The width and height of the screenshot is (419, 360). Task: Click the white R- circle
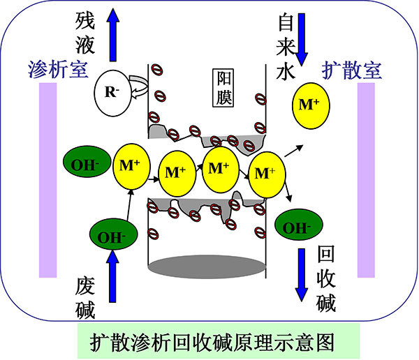(x=113, y=93)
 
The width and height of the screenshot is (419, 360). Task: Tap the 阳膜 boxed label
(x=223, y=88)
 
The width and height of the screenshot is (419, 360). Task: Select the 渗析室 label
(x=58, y=70)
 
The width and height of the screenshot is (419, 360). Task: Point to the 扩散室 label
(x=352, y=70)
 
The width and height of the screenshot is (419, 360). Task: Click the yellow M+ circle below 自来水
(x=311, y=106)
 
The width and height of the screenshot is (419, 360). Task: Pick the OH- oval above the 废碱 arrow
(x=113, y=234)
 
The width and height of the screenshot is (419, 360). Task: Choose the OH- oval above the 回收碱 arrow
(x=299, y=225)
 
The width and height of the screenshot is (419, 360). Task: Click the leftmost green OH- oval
(x=87, y=161)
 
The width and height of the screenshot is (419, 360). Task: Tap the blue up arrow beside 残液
(x=113, y=35)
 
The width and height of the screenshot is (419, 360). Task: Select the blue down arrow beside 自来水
(x=302, y=40)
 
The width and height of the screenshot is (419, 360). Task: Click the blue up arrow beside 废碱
(x=112, y=276)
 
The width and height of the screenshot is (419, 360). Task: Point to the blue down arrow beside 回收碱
(x=302, y=275)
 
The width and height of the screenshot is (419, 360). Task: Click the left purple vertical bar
(x=47, y=180)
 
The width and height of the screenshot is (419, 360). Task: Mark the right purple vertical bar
(x=366, y=180)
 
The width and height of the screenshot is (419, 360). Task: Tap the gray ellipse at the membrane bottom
(x=207, y=267)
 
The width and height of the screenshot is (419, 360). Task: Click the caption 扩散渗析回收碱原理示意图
(x=212, y=342)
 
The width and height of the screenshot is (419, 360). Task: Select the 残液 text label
(x=85, y=33)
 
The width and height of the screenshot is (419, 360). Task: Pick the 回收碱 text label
(x=325, y=278)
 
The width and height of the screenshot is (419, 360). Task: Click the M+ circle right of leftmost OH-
(x=131, y=166)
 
